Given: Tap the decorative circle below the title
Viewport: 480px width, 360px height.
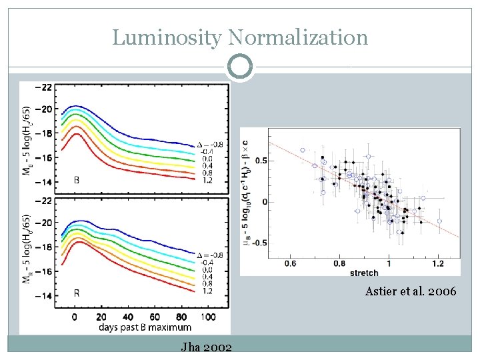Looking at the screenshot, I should [240, 67].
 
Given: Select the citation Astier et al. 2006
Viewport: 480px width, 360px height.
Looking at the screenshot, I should [411, 291].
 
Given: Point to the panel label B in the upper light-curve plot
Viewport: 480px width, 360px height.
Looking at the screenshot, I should [77, 179].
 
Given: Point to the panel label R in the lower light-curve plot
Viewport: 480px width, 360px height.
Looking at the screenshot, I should [77, 293].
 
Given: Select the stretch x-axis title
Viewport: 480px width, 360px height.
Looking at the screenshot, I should [363, 272].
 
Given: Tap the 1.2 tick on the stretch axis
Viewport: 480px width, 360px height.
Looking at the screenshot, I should [437, 263].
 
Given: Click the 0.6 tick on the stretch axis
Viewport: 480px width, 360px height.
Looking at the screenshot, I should [291, 263].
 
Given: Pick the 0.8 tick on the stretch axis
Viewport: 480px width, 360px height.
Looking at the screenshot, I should [339, 263].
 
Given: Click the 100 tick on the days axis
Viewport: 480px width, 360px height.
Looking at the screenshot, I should [207, 317].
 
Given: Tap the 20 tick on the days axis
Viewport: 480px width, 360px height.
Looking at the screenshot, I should [101, 317].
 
